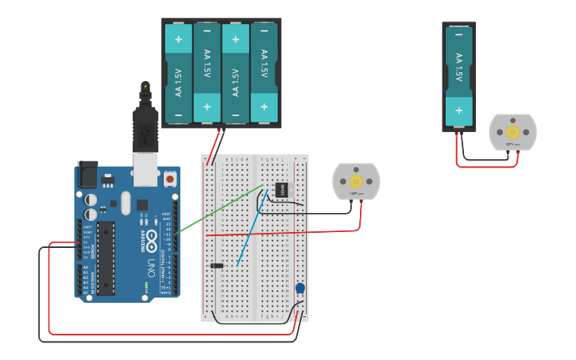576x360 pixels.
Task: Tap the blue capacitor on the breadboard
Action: click(x=300, y=289)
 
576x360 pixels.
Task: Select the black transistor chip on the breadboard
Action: click(x=280, y=190)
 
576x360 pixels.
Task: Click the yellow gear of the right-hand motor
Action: click(x=512, y=132)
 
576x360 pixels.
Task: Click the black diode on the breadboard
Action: click(x=216, y=265)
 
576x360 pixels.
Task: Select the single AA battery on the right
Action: click(x=458, y=75)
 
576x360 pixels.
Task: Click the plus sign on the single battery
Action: click(x=458, y=110)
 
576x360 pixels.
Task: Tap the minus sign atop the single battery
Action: click(x=458, y=34)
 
